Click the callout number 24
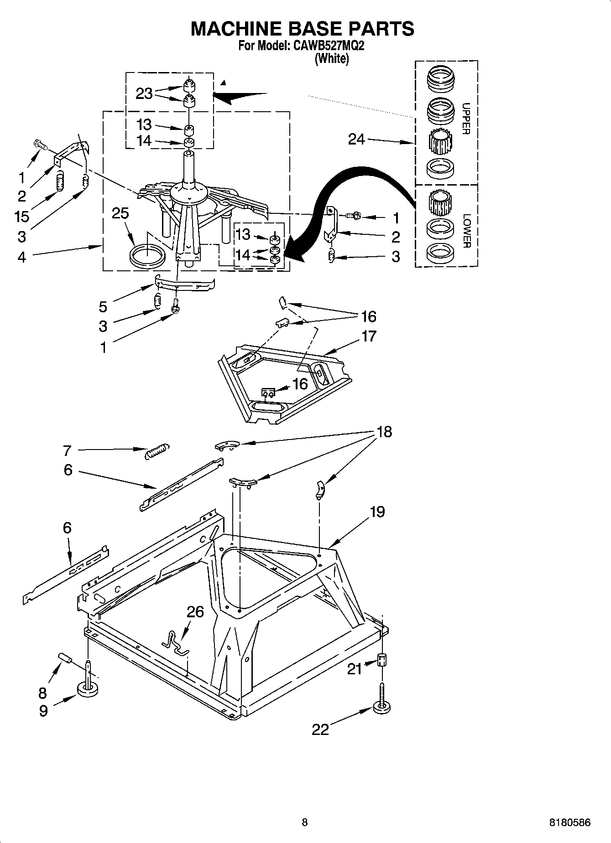coord(356,139)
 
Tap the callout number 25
coord(120,213)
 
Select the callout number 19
coord(377,512)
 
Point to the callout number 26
coord(195,611)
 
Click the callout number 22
coord(320,729)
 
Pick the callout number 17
coord(369,336)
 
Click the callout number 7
coord(67,450)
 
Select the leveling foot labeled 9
coord(88,689)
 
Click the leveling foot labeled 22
coord(382,707)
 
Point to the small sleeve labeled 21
coord(382,660)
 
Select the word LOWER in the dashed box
coord(465,231)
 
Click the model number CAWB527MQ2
coord(327,46)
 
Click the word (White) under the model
coord(332,58)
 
